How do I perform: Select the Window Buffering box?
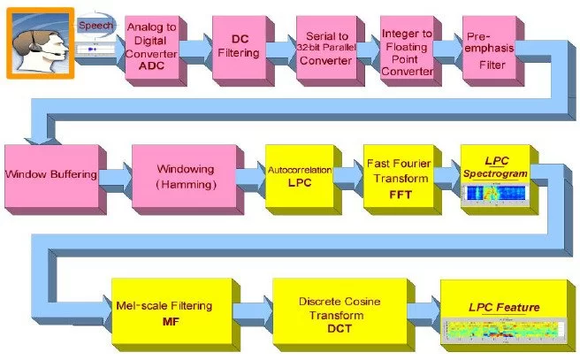tap(50, 174)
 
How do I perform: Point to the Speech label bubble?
tap(95, 27)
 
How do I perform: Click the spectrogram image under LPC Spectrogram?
tap(494, 193)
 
